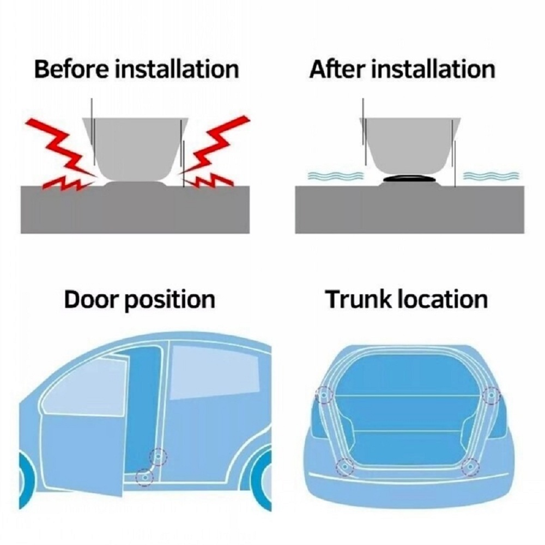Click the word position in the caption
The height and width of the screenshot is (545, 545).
pyautogui.click(x=169, y=300)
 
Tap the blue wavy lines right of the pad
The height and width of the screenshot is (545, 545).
pyautogui.click(x=491, y=175)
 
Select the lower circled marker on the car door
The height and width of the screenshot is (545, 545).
pyautogui.click(x=144, y=477)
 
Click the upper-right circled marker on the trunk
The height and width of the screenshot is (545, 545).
pyautogui.click(x=491, y=395)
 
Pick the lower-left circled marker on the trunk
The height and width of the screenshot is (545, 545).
pyautogui.click(x=344, y=467)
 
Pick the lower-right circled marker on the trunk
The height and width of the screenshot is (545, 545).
pyautogui.click(x=470, y=467)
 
